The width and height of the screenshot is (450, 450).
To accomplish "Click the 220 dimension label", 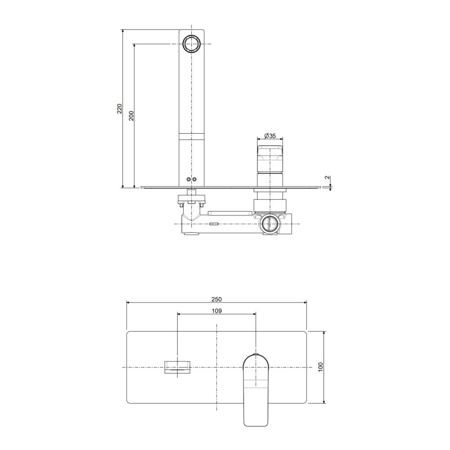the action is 119,108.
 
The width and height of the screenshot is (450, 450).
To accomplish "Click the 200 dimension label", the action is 131,115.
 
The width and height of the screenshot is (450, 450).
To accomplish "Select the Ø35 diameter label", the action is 270,135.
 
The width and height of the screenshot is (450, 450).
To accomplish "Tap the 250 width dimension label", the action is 217,299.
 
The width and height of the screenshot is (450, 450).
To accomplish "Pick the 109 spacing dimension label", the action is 217,311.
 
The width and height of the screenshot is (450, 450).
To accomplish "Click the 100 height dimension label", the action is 320,367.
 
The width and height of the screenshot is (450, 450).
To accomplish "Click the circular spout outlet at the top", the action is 191,44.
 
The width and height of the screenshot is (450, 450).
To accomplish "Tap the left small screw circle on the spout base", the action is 188,180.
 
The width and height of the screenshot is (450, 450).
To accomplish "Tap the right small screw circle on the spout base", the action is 194,180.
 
